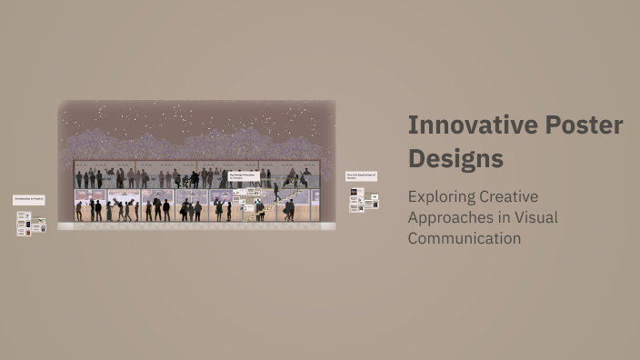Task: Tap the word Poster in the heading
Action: (583, 125)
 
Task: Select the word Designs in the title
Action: (455, 158)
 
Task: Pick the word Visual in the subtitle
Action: (535, 217)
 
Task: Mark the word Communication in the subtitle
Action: (465, 238)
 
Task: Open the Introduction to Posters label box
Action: (28, 199)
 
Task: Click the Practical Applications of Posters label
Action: (361, 175)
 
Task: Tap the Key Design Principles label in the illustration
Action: (244, 176)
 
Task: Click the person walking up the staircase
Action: (276, 192)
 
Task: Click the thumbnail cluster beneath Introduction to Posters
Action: (30, 224)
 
